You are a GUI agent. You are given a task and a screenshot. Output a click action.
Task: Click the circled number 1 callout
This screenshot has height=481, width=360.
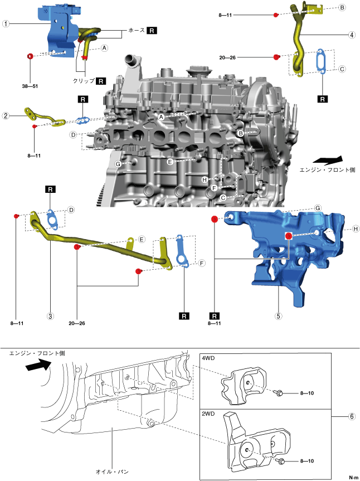6,24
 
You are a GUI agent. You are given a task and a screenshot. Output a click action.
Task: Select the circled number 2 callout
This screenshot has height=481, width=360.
6,116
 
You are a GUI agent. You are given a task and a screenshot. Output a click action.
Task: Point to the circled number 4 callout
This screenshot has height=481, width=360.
352,35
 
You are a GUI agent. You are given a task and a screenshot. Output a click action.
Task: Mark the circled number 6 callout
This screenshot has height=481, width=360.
352,416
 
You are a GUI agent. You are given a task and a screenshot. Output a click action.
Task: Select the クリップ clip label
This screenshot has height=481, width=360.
84,81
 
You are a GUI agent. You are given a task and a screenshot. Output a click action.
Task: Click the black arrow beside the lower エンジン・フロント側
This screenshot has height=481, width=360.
38,366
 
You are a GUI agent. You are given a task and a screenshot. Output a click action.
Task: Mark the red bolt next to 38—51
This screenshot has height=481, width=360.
30,56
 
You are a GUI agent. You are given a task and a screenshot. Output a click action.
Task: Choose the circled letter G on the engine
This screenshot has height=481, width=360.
118,164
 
